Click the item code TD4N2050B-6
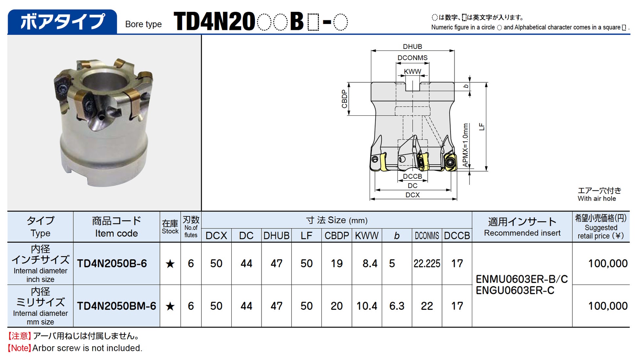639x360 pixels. pos(112,263)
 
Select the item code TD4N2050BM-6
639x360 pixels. pos(116,306)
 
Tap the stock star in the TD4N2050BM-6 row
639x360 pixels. pos(170,306)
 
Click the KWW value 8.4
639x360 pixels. pos(370,263)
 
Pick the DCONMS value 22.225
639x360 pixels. pos(427,263)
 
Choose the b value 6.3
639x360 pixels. pos(397,306)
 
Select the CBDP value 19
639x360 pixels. pos(337,263)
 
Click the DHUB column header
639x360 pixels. pos(276,235)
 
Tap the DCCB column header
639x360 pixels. pos(457,235)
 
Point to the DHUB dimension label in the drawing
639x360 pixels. pos(412,47)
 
